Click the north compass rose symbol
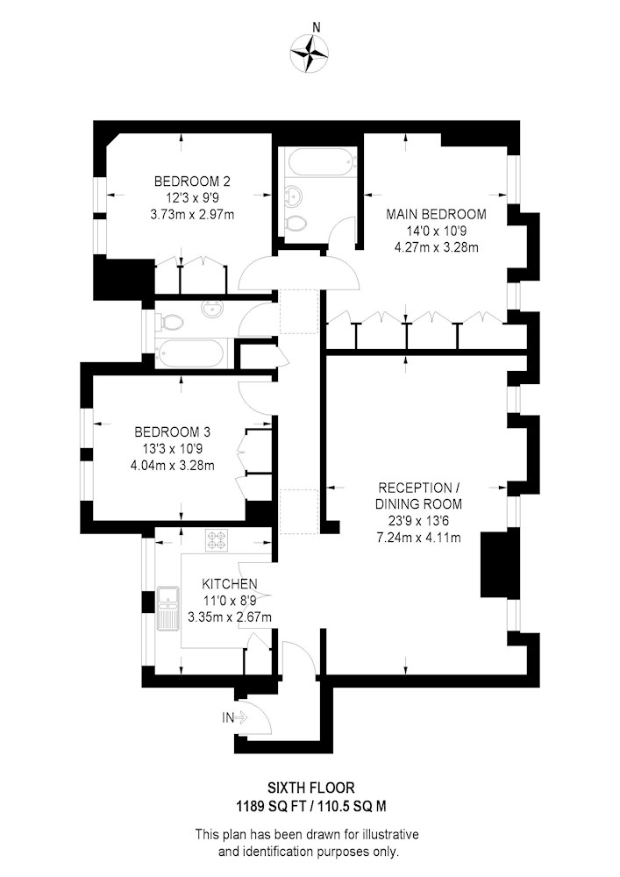pyautogui.click(x=310, y=53)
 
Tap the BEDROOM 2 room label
pyautogui.click(x=192, y=182)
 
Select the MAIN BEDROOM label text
pyautogui.click(x=436, y=214)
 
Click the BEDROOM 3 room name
pyautogui.click(x=172, y=431)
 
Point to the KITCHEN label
pyautogui.click(x=229, y=584)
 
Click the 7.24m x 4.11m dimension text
pyautogui.click(x=418, y=538)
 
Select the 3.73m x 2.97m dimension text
pyautogui.click(x=192, y=214)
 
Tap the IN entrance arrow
pyautogui.click(x=235, y=717)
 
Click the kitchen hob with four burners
pyautogui.click(x=217, y=540)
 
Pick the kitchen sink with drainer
pyautogui.click(x=167, y=609)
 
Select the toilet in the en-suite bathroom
pyautogui.click(x=295, y=223)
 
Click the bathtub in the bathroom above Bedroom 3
pyautogui.click(x=190, y=353)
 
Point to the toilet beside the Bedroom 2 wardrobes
pyautogui.click(x=170, y=322)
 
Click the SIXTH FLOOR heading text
pyautogui.click(x=310, y=788)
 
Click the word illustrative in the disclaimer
pyautogui.click(x=390, y=835)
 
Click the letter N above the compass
pyautogui.click(x=317, y=27)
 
